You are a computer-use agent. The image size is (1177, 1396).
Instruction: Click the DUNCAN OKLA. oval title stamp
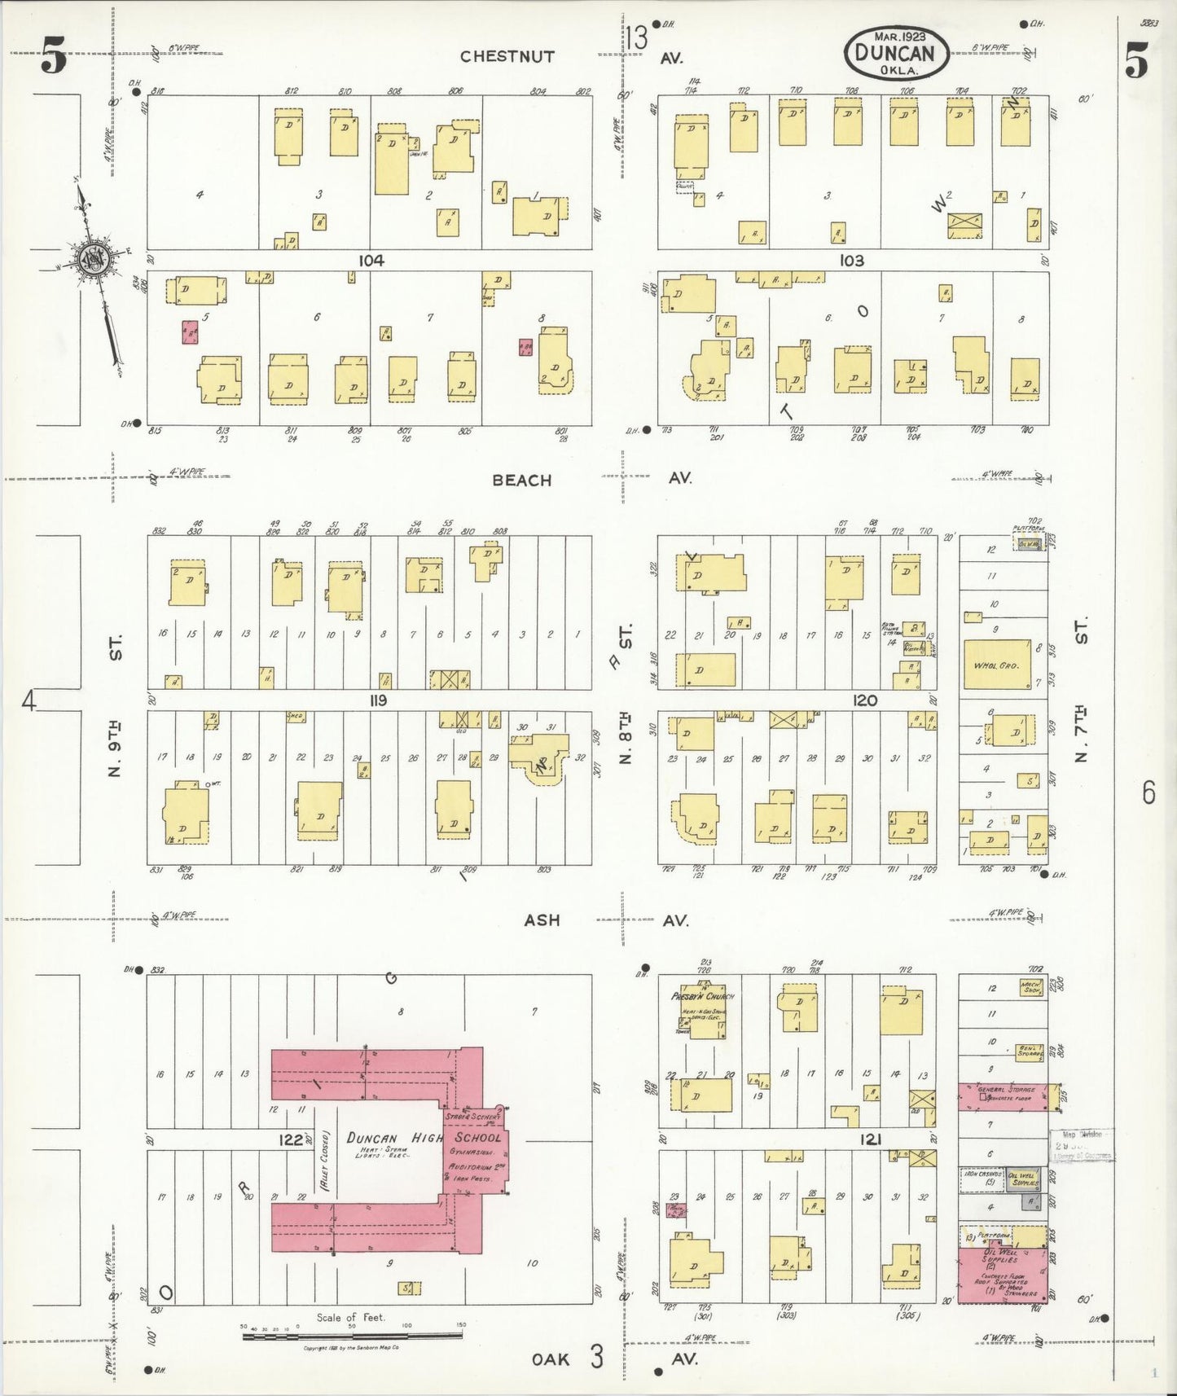[x=897, y=53]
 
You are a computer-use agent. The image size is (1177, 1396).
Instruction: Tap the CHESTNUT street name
[x=507, y=56]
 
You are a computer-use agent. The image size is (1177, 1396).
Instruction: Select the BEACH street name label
[x=521, y=480]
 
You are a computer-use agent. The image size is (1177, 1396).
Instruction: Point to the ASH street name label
[x=542, y=920]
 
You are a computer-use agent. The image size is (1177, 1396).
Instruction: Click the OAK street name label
[x=550, y=1359]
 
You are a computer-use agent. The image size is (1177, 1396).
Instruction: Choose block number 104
[x=371, y=261]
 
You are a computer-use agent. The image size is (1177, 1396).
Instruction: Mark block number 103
[x=851, y=261]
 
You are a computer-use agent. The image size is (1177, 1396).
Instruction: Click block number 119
[x=377, y=700]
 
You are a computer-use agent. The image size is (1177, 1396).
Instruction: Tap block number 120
[x=865, y=700]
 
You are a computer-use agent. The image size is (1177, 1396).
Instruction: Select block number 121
[x=870, y=1140]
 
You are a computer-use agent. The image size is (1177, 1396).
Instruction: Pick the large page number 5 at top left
[x=54, y=59]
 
